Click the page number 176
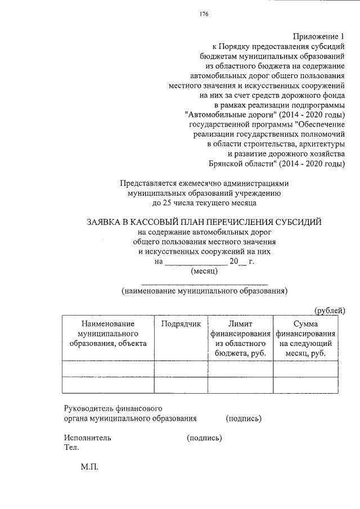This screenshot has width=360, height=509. point(204,15)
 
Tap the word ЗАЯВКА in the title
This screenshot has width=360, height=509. point(107,222)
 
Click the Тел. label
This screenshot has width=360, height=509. point(71,448)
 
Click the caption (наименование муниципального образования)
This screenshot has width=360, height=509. point(204,291)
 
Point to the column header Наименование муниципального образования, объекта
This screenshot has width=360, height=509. point(107,334)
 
